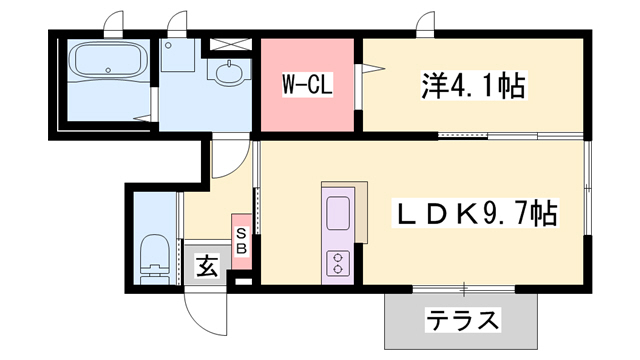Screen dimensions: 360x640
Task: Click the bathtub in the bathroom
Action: point(107,61)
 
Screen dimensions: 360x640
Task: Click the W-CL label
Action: point(306,85)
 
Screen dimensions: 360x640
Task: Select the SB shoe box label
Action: point(241,241)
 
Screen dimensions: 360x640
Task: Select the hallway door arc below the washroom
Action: point(228,161)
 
